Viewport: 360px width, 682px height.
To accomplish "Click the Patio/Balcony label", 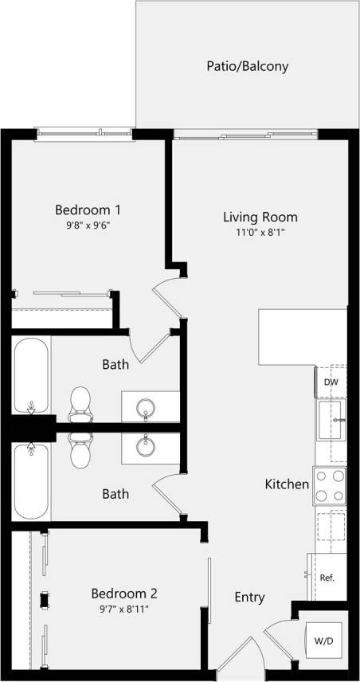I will click(247, 67).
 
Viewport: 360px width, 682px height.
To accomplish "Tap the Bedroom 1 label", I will click(88, 210).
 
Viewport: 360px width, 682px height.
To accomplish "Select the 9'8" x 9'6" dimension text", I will click(88, 226).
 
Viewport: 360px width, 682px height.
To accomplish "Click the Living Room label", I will click(260, 217).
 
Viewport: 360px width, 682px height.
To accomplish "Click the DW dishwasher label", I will click(331, 382).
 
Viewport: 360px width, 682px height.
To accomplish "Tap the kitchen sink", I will click(332, 419).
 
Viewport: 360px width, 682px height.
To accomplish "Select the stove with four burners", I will click(331, 485).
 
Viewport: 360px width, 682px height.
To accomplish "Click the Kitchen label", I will click(287, 484).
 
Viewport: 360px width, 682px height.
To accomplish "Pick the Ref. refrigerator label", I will click(327, 577).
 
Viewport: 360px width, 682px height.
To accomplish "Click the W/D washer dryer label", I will click(324, 640).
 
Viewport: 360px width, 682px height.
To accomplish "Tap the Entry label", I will click(249, 598).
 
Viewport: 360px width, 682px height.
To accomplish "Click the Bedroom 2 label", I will click(124, 594).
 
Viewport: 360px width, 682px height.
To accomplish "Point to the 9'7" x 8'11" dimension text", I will click(124, 609).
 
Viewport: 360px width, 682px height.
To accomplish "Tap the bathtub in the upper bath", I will click(32, 374).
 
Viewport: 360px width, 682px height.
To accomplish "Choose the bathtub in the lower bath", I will click(32, 481).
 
